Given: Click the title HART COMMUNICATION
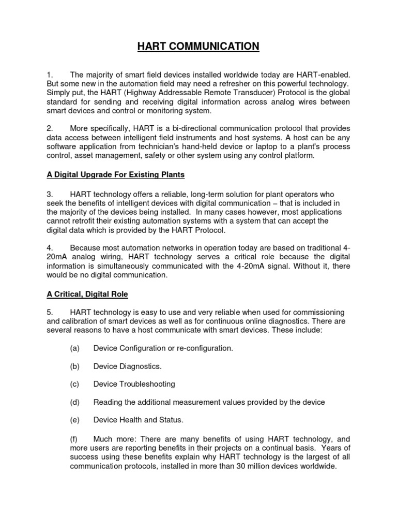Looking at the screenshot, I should pyautogui.click(x=198, y=47).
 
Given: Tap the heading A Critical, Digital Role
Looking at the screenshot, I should pyautogui.click(x=87, y=294).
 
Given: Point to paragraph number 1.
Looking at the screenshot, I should pyautogui.click(x=50, y=75).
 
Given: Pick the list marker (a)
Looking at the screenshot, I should pyautogui.click(x=74, y=348).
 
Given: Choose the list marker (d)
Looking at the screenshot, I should pyautogui.click(x=74, y=402).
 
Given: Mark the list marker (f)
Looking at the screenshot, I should pyautogui.click(x=74, y=438).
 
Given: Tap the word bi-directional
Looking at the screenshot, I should pyautogui.click(x=192, y=128).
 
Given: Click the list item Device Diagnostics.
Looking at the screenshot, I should pyautogui.click(x=127, y=366).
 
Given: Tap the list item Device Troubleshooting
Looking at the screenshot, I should pyautogui.click(x=134, y=384).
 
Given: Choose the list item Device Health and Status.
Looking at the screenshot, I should pyautogui.click(x=138, y=420).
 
